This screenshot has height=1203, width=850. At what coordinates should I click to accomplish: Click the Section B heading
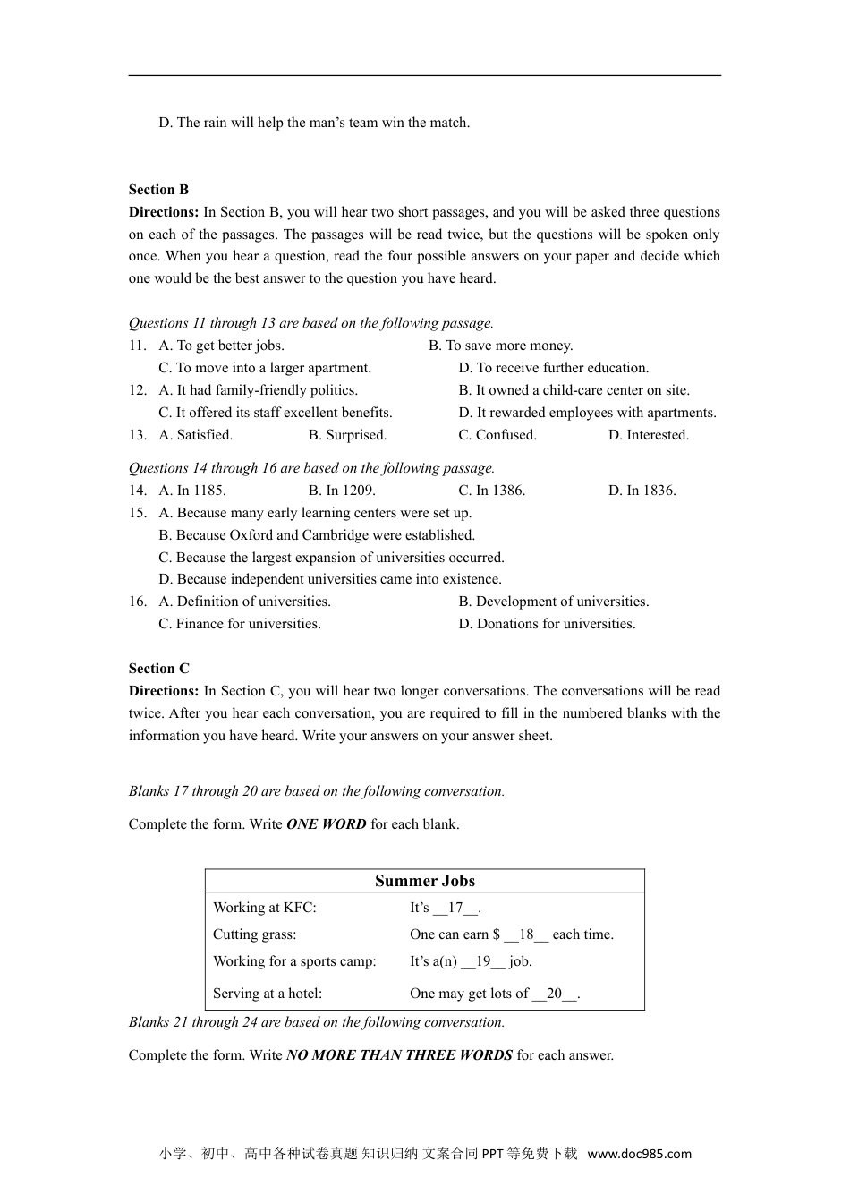[158, 190]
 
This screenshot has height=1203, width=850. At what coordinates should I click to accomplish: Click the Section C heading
[158, 669]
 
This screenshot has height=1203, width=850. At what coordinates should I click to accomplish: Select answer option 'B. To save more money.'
[500, 346]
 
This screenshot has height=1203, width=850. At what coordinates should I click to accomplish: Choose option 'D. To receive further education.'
[553, 368]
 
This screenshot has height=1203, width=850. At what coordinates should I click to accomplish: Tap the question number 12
[137, 390]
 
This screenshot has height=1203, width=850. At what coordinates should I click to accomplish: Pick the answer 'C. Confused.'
[497, 435]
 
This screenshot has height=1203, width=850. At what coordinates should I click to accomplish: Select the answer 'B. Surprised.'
[347, 435]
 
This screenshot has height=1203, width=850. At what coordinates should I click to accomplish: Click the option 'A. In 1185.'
[191, 491]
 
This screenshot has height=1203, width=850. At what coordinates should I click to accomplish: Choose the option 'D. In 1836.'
[642, 491]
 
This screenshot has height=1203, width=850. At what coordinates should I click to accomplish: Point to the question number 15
[137, 513]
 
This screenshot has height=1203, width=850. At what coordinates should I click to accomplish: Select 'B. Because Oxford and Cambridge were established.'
[317, 535]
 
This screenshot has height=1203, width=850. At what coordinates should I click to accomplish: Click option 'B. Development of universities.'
[553, 601]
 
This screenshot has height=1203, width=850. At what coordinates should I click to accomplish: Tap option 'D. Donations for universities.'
[547, 624]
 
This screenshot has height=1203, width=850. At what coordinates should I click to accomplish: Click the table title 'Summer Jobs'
[424, 881]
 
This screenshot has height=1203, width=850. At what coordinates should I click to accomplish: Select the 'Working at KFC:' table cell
[264, 908]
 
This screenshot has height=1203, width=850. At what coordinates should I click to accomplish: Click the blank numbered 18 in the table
[526, 934]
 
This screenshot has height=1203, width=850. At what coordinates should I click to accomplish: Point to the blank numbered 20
[555, 994]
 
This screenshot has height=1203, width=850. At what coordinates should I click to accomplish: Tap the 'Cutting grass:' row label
[254, 934]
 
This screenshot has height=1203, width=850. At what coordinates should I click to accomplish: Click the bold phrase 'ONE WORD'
[326, 824]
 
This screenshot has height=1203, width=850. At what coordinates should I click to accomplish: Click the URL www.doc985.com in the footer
[639, 1154]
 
